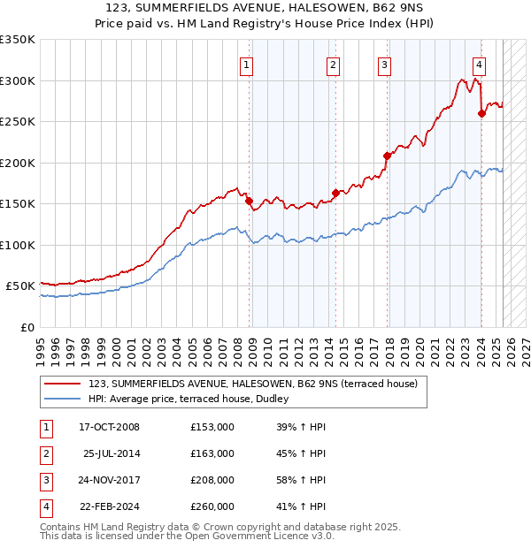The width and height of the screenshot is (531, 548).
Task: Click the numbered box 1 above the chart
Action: [x=245, y=64]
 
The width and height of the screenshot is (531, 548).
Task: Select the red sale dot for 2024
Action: [x=481, y=112]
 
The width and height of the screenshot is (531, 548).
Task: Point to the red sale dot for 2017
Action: [x=387, y=156]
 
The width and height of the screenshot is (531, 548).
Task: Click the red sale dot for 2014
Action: [x=335, y=193]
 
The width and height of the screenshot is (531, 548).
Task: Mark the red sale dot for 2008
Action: [x=249, y=201]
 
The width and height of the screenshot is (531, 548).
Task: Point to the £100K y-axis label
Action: [x=18, y=245]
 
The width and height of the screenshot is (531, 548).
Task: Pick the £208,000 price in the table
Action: [x=212, y=482]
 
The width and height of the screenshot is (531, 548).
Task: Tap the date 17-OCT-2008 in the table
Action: [x=110, y=427]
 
